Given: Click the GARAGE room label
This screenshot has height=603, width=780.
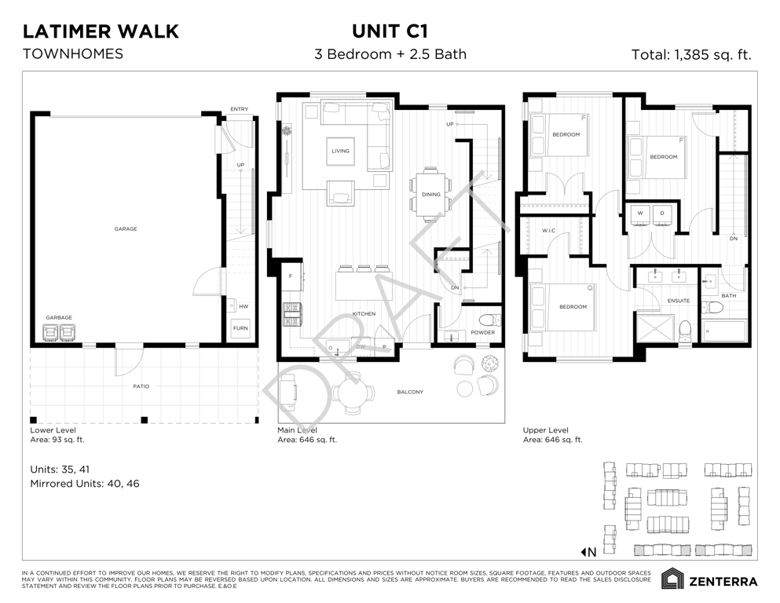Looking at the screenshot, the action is point(126,228).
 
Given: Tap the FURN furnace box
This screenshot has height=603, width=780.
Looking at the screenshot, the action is point(240,328).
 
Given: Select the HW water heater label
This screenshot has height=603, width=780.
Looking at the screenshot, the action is point(244,306).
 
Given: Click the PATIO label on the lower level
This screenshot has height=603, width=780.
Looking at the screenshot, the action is point(141,386).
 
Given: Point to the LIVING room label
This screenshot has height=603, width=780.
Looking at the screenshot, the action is point(340,151).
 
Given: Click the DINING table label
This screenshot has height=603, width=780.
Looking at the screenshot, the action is point(430,195).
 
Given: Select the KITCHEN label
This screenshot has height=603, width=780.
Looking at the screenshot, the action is point(364,314).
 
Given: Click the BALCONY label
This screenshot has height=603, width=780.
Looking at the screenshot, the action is point(410,392).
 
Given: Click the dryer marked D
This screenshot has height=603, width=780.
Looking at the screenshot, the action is point(662,215).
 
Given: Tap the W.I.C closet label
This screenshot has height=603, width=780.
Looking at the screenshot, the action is point(548,231).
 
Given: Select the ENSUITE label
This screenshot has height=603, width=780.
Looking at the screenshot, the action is point(679,301).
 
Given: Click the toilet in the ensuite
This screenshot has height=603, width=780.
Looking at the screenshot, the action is point(685,332).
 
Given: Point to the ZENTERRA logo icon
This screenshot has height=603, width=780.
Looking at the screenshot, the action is point(672,579).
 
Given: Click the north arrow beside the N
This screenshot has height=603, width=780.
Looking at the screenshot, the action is point(583,552).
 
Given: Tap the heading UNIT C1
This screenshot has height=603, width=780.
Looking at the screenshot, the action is point(390,31).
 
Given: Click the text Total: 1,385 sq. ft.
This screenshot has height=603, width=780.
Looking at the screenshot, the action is point(691,55).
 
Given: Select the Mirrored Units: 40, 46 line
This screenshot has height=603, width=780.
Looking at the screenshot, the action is point(85,483).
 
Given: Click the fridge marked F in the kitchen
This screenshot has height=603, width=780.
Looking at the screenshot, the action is point(294,276).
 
